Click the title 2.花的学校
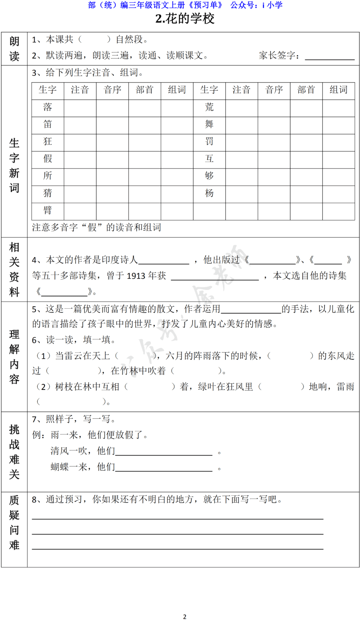tap(185, 19)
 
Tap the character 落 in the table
tap(48, 107)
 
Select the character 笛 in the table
tap(48, 124)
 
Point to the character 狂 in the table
tap(48, 141)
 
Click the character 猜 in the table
tap(48, 193)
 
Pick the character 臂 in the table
tap(48, 210)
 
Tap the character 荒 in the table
tap(209, 107)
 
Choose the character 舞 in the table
tap(209, 124)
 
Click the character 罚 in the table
tap(209, 141)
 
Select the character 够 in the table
tap(209, 176)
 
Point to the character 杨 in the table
tap(209, 193)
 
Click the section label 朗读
tap(14, 49)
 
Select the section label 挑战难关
tap(14, 452)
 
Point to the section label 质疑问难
tap(14, 522)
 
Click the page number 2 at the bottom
tap(185, 617)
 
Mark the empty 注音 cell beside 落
tap(80, 108)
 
